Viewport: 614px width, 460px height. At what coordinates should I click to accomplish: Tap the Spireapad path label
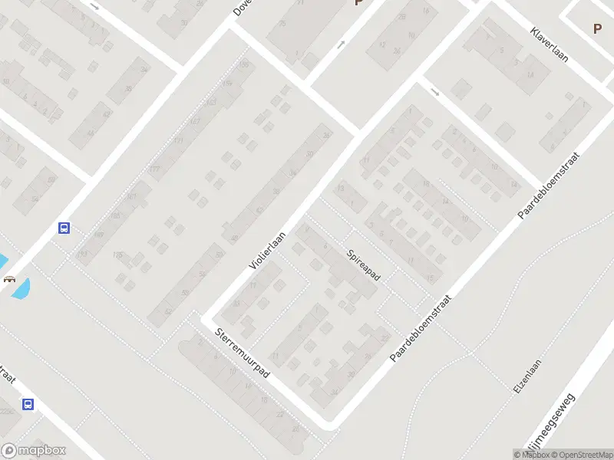pos(363,264)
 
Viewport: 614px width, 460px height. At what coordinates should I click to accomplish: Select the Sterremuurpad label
pos(242,353)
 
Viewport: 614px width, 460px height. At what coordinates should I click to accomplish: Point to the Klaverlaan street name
pos(549,44)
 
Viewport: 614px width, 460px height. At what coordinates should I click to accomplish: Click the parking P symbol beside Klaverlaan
pos(597,29)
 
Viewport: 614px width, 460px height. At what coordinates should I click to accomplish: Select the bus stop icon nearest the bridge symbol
pos(64,228)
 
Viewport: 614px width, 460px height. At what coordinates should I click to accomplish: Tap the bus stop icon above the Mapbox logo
pos(28,404)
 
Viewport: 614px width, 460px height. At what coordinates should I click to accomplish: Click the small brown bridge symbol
pos(10,279)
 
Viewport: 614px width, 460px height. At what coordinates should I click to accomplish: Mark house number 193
pos(83,254)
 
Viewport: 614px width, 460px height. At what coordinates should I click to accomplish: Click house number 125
pos(117,255)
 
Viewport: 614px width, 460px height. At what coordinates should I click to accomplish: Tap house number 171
pos(178,140)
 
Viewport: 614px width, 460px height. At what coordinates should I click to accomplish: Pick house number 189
pos(100,235)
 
